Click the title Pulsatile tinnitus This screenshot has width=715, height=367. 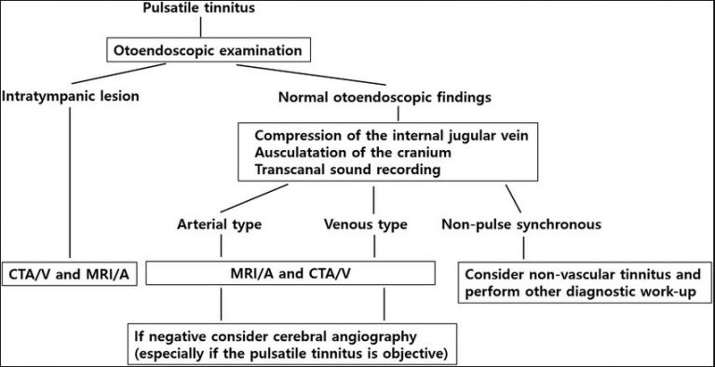(x=199, y=8)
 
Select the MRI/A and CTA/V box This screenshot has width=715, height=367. (x=290, y=273)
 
